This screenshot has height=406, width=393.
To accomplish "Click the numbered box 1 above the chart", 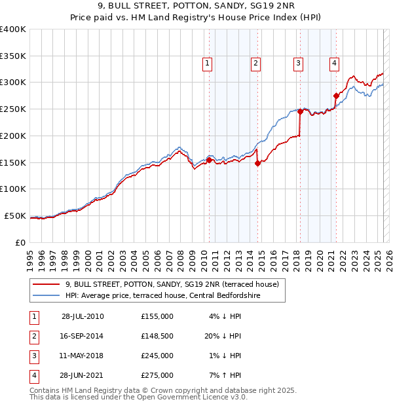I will pos(207,64).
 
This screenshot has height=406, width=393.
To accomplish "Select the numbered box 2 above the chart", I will pos(255,64).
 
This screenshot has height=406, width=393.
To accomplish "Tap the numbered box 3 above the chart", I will pos(298,64).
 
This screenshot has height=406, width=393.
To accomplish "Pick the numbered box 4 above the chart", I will pos(334,64).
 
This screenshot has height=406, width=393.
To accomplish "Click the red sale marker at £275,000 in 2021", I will pos(336,96).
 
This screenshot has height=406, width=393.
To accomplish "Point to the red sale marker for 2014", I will pos(257,164).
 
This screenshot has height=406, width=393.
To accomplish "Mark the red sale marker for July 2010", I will pos(210,160).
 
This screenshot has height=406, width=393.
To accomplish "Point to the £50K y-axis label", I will pos(16,215).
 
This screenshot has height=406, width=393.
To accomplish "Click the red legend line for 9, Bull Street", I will pos(46,284).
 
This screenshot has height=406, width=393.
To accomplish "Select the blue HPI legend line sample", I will pos(46,296).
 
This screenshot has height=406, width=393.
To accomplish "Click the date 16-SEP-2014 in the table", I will pos(82,336).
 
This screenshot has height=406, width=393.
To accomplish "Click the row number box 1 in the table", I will pos(33,316).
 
